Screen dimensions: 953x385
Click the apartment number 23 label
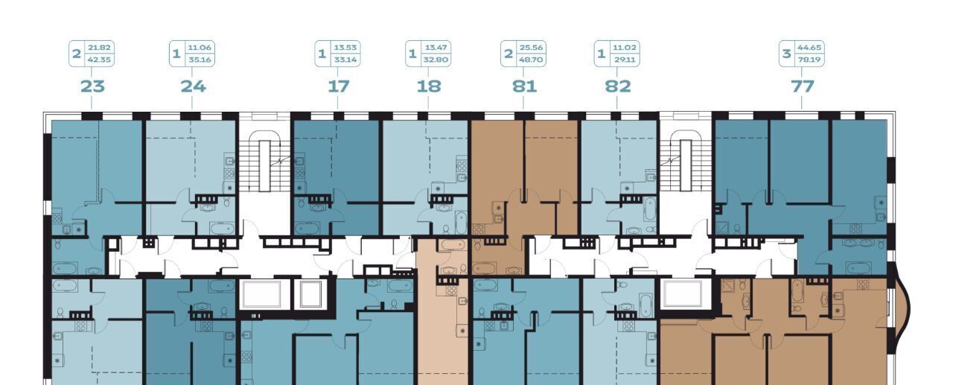point(92,86)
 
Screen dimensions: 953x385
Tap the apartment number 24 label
point(193,86)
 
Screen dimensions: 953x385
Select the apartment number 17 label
point(338,86)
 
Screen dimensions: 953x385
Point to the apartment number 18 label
point(429,86)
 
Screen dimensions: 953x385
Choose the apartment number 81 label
point(524,86)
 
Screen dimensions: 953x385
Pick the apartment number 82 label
point(618,86)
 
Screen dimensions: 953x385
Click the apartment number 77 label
point(803,86)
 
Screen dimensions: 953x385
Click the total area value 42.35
point(99,60)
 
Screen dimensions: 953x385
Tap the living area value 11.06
point(200,48)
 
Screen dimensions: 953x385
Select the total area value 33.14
point(345,60)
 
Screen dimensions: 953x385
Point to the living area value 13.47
point(436,48)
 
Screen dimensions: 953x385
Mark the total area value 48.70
point(531,60)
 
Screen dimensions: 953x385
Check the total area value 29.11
point(625,60)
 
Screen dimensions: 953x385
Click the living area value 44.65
point(809,48)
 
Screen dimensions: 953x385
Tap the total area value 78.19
point(809,60)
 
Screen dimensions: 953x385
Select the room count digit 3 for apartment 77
point(787,54)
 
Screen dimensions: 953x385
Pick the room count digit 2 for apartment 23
point(77,54)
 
